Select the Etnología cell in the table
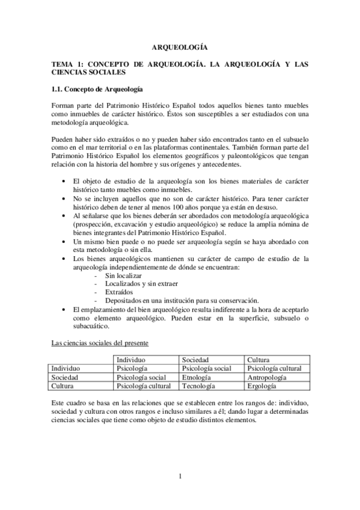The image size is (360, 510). [x=196, y=377]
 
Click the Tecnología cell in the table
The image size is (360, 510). [x=198, y=386]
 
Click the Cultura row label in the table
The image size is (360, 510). [x=63, y=386]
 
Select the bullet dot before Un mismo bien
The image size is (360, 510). [x=64, y=241]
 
